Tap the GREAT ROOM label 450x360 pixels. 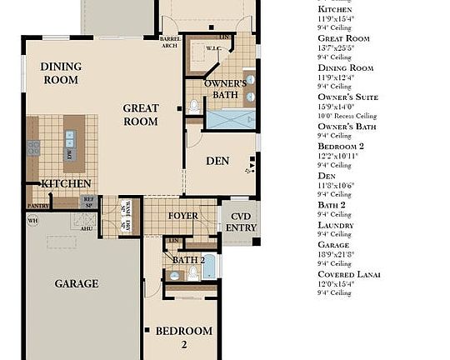[141, 114]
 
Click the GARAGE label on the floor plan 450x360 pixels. [77, 283]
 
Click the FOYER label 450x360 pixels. [183, 216]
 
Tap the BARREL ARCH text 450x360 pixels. [169, 43]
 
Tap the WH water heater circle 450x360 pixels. [33, 221]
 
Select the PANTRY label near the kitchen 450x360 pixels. [37, 205]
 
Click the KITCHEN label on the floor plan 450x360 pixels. [66, 183]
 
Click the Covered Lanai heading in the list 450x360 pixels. [350, 274]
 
